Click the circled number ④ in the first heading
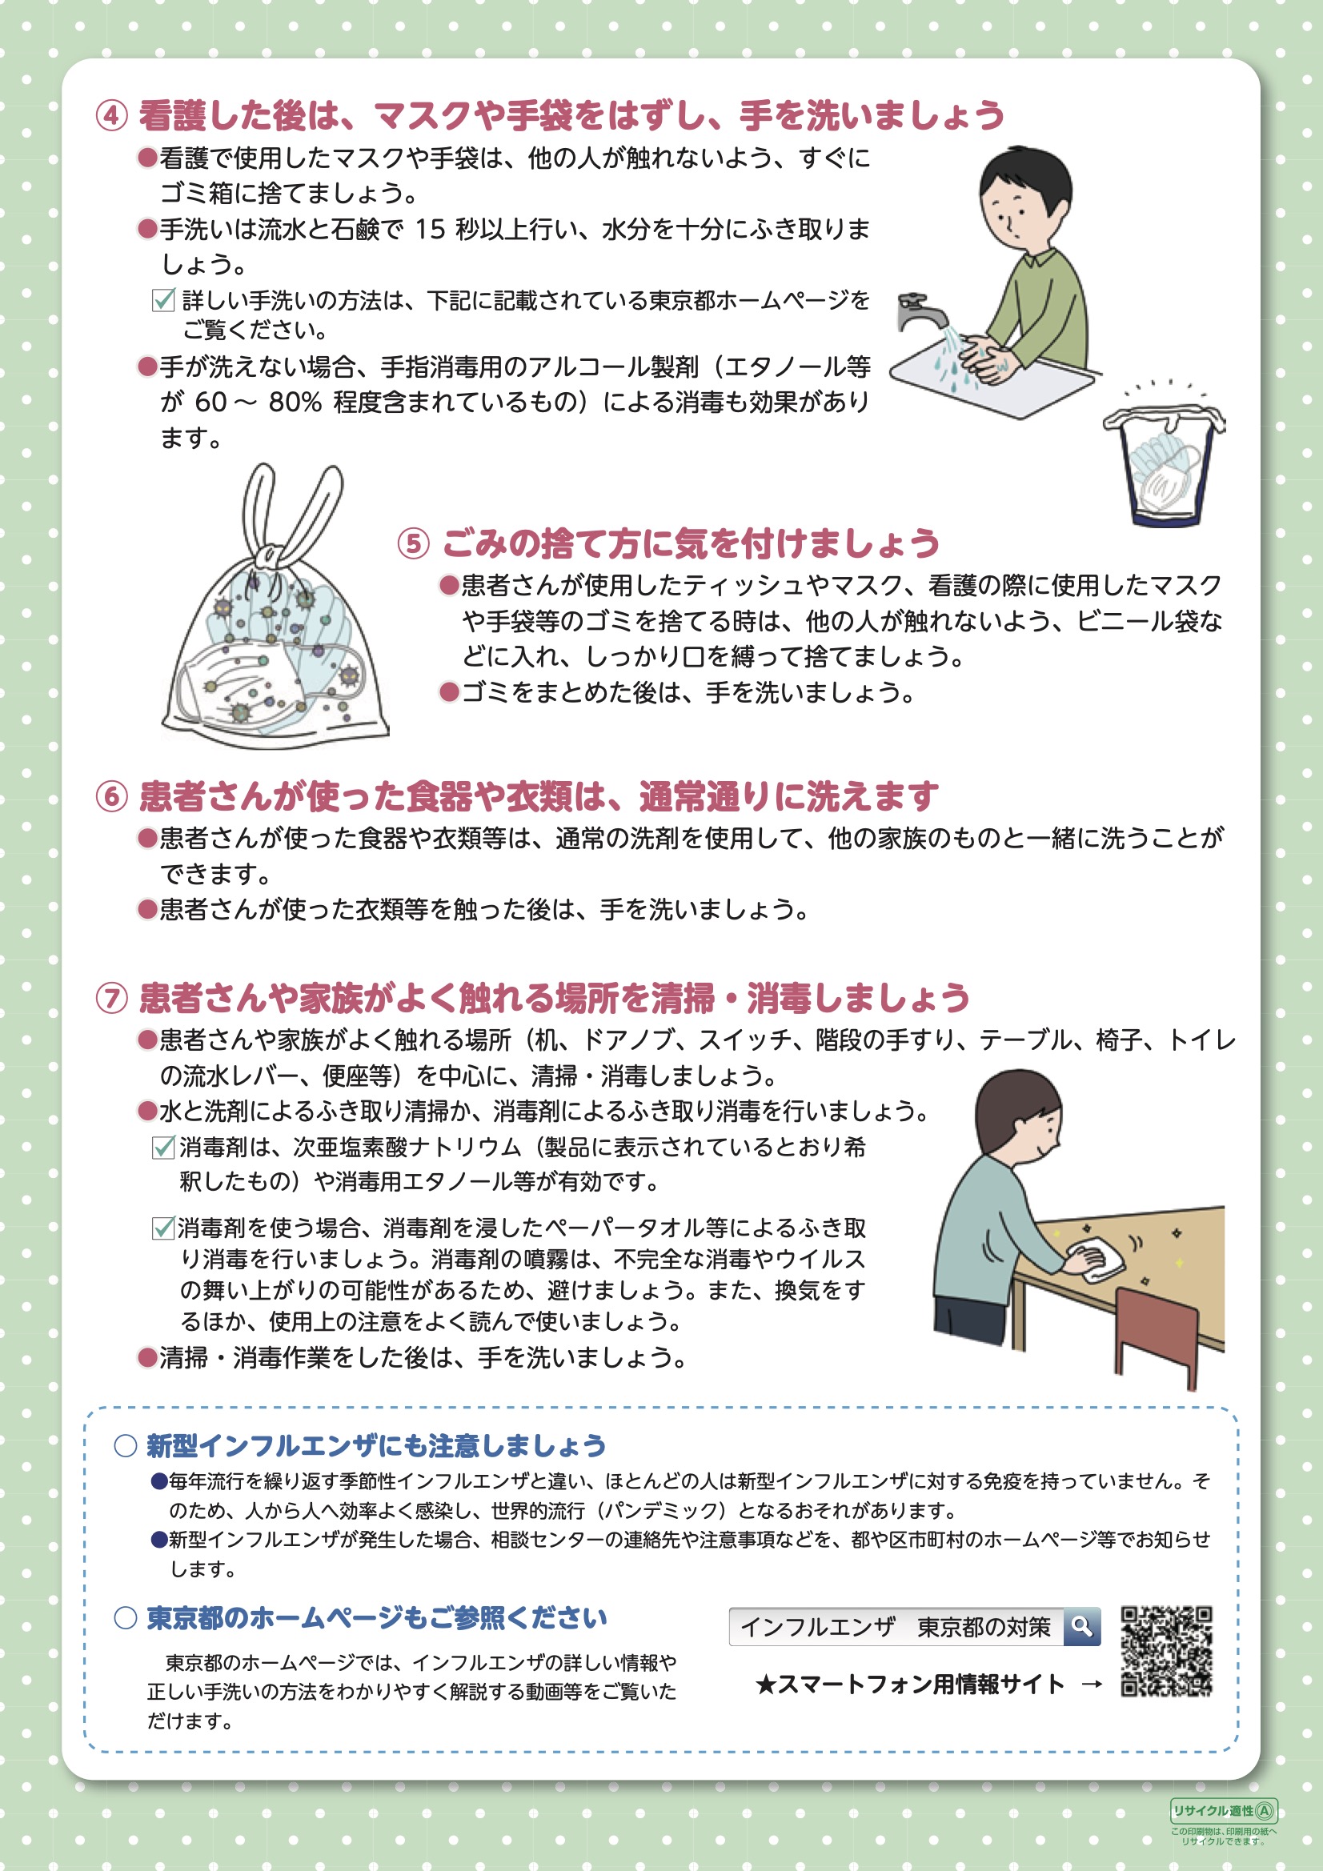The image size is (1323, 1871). (112, 116)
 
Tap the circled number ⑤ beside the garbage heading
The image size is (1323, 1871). (413, 543)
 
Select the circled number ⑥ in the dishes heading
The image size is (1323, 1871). (112, 796)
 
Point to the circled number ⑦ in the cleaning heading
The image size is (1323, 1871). (112, 998)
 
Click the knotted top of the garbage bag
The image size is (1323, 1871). (267, 556)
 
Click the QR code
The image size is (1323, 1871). (1166, 1651)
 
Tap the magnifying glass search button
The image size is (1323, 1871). (1082, 1627)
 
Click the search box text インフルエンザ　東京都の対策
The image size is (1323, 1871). (895, 1628)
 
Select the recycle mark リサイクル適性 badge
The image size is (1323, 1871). (1224, 1811)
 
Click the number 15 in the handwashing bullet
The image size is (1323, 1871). (430, 230)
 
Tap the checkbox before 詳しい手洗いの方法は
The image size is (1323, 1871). (163, 300)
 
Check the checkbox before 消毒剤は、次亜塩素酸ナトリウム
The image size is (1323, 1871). (163, 1148)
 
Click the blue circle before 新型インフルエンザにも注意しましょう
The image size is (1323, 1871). (125, 1445)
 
